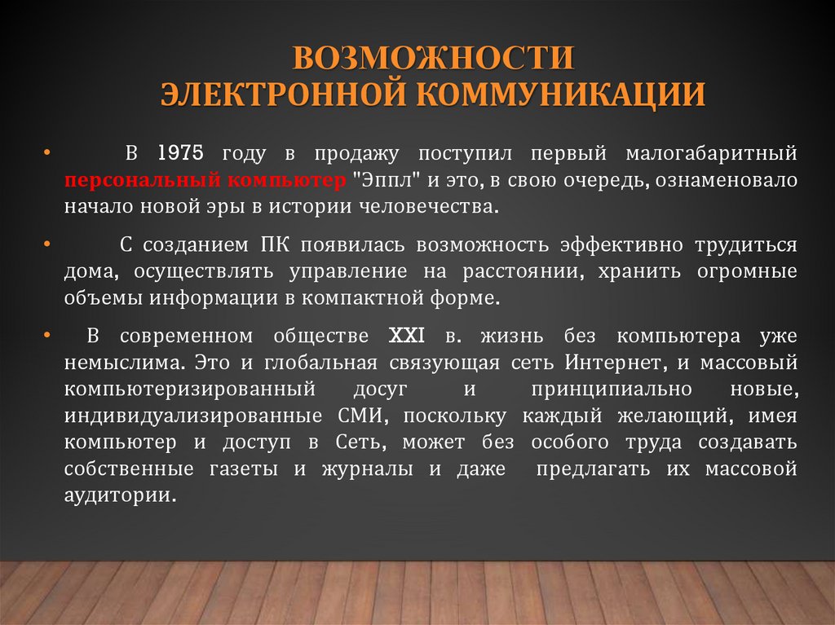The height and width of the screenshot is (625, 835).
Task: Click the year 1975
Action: [x=180, y=153]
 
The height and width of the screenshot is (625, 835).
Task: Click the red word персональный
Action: [x=123, y=180]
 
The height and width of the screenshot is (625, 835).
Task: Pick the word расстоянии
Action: [x=518, y=272]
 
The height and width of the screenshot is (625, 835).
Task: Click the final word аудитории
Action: [x=120, y=496]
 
